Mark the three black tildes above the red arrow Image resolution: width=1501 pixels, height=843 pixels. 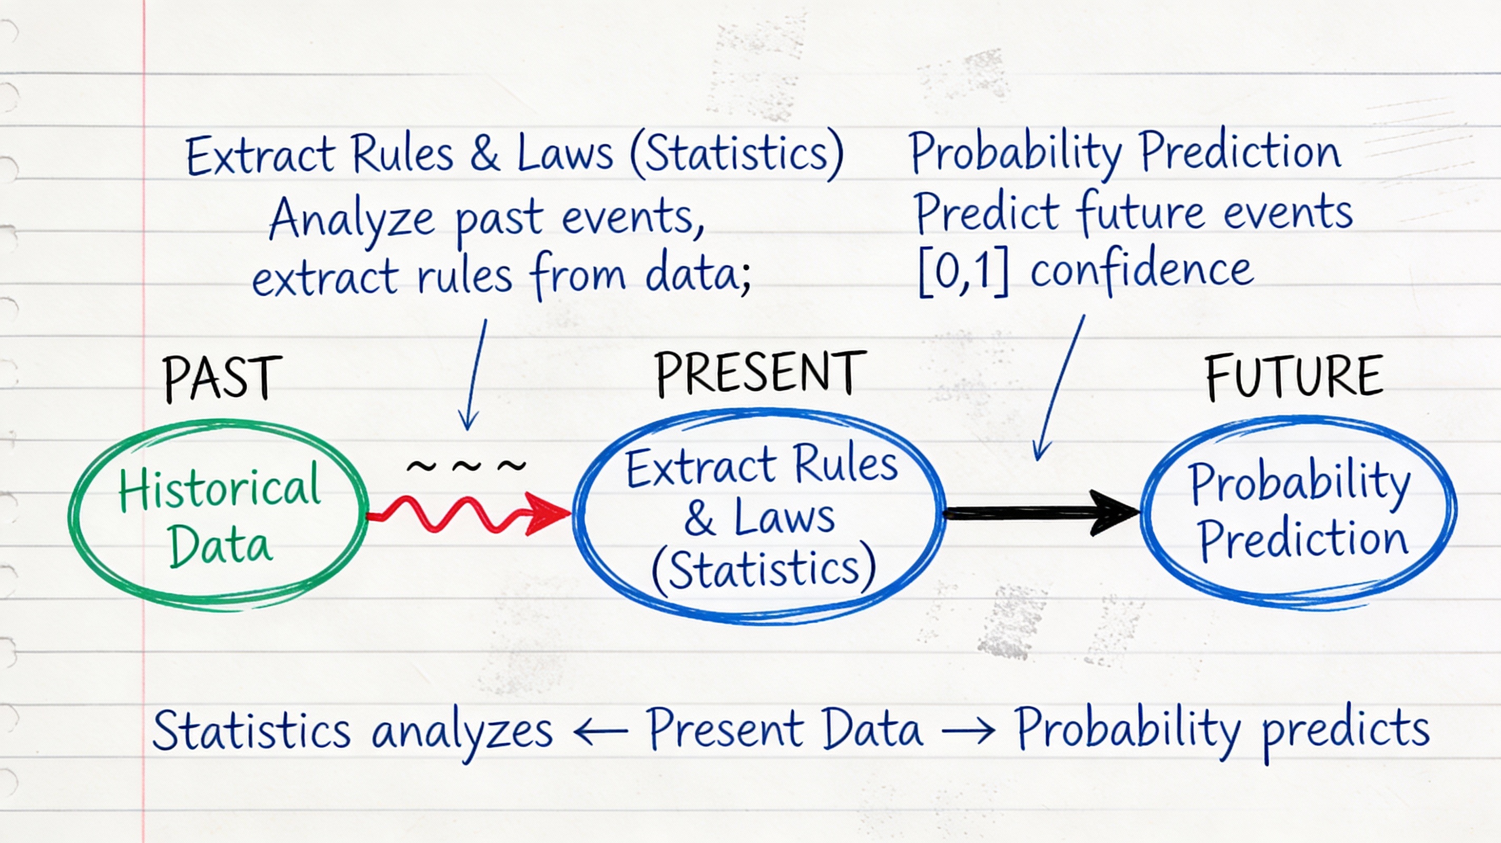(466, 465)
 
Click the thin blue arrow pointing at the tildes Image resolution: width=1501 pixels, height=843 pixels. (476, 375)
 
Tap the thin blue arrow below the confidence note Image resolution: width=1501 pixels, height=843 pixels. (1059, 388)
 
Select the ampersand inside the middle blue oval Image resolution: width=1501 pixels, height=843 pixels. (700, 518)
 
